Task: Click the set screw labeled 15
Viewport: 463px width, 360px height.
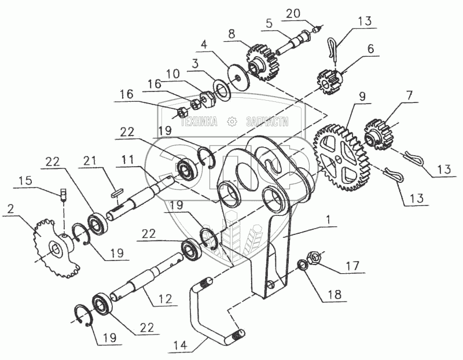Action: point(64,193)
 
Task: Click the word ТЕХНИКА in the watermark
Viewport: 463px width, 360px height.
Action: point(198,122)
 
